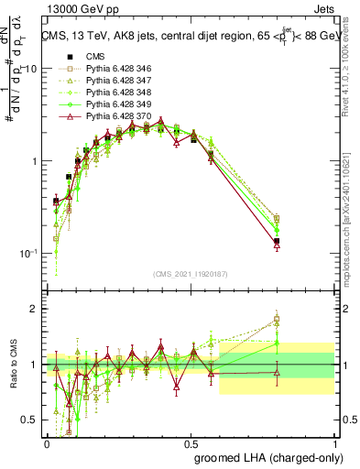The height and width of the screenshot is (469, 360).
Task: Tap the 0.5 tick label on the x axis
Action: click(x=191, y=442)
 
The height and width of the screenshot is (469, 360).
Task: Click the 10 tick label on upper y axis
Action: click(x=30, y=70)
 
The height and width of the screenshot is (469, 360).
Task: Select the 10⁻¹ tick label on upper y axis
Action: click(x=27, y=253)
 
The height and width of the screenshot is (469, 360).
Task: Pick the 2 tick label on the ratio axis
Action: click(x=35, y=309)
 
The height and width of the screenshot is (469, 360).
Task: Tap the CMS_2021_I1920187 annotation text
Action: click(x=191, y=274)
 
